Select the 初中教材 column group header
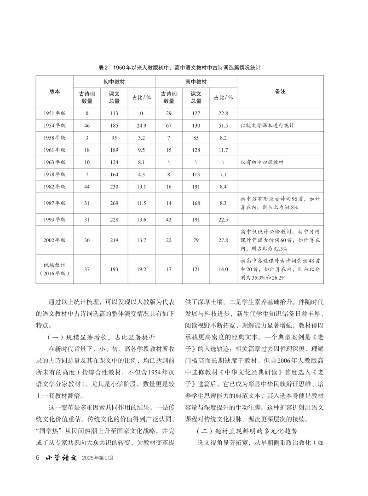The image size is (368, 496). tap(115, 81)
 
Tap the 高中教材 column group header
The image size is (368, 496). tap(196, 81)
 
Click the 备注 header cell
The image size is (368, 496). tap(280, 91)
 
